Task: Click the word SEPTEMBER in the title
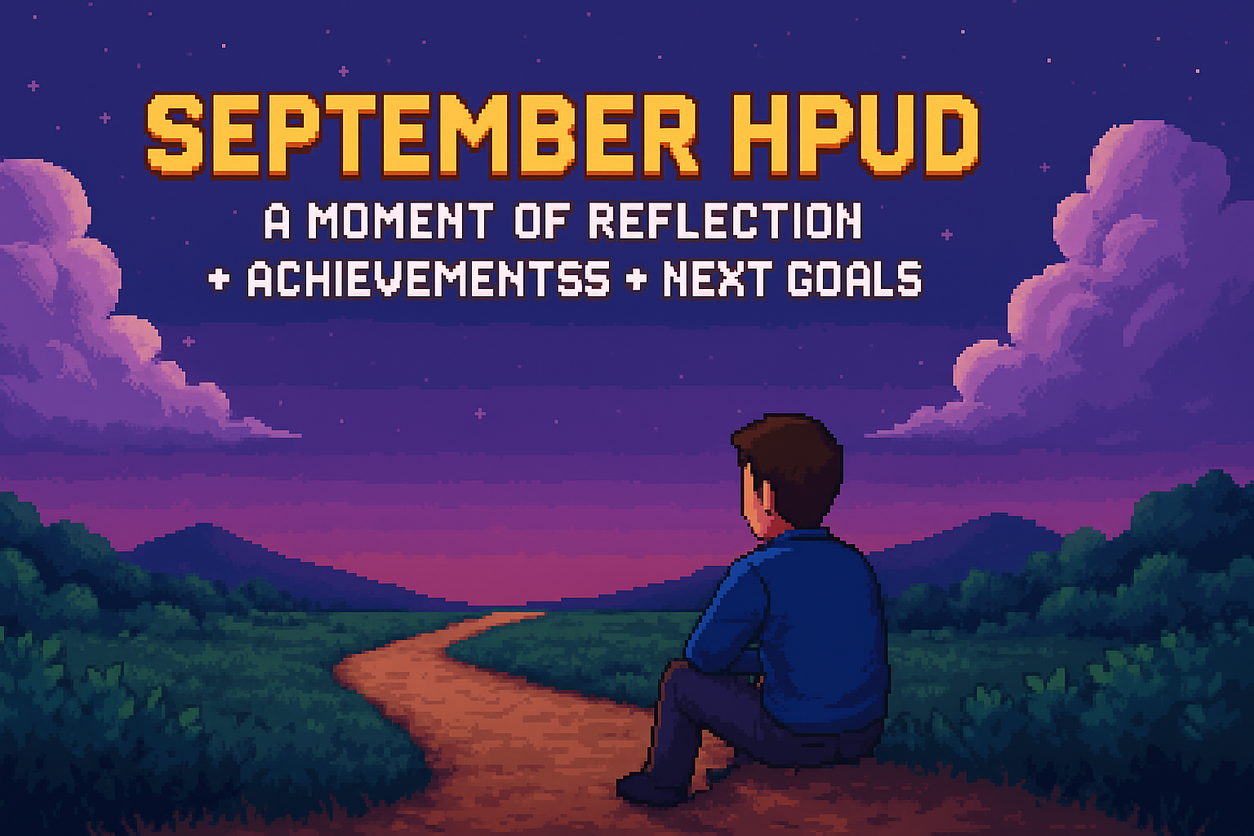pos(423,136)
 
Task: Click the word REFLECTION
pos(725,220)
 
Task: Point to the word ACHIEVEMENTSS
pos(429,278)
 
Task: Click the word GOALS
pos(854,278)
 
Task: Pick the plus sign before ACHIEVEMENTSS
pos(219,279)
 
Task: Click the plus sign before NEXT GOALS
pos(637,279)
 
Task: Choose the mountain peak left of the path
pos(206,525)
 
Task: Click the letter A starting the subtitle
pos(277,220)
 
